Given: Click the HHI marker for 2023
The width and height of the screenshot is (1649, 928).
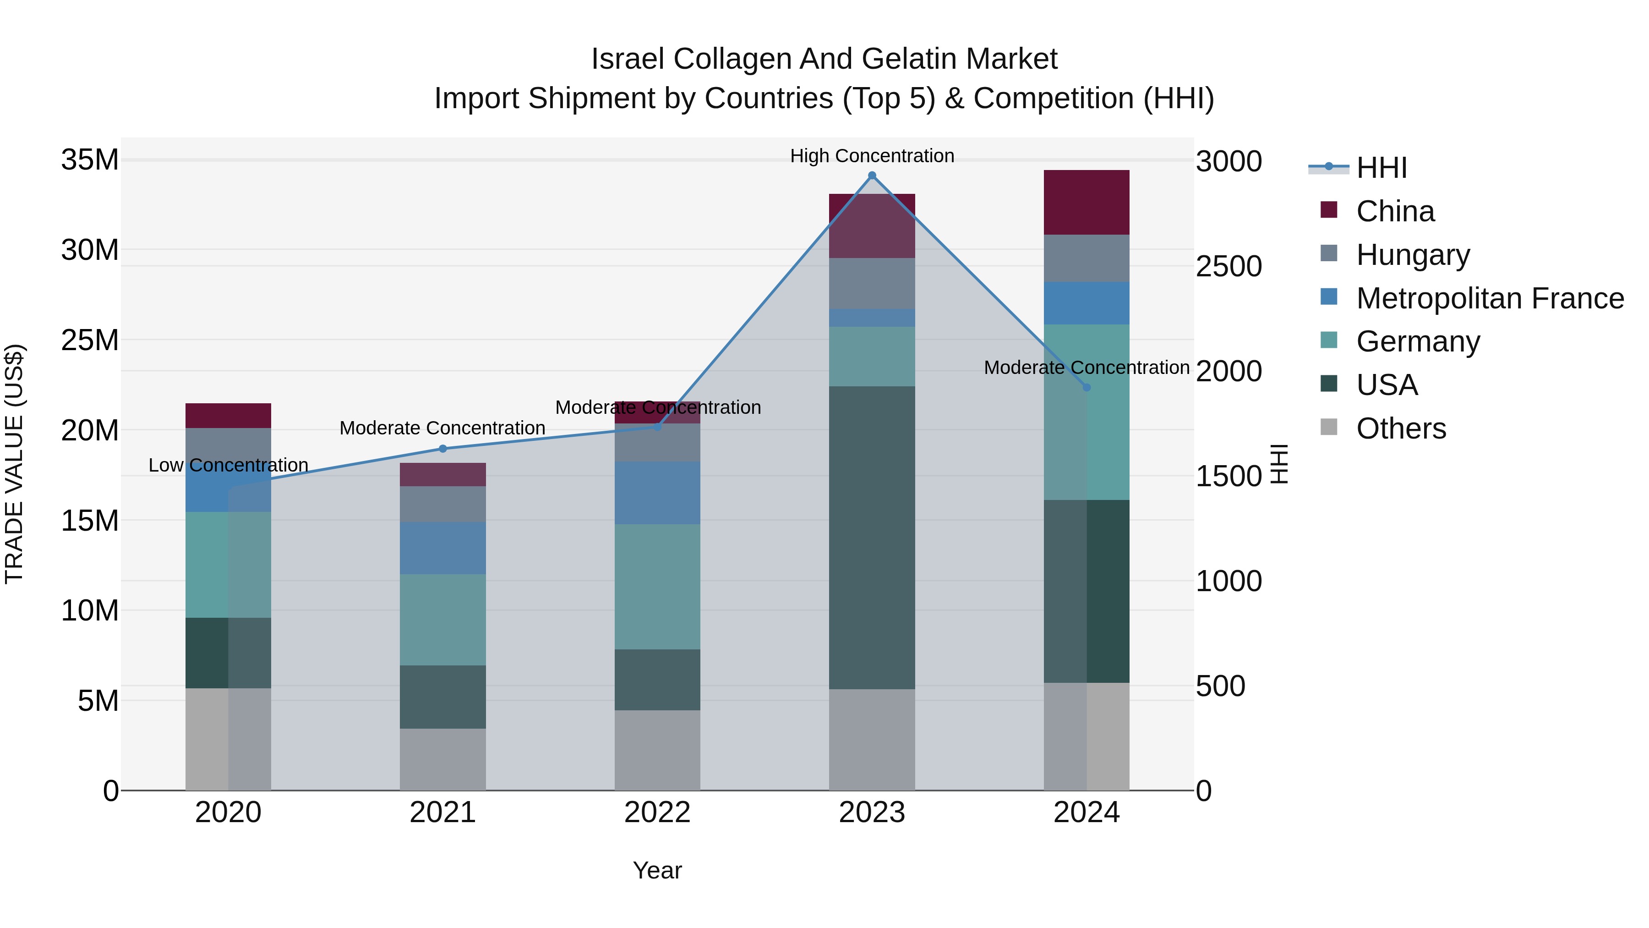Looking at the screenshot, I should pyautogui.click(x=872, y=176).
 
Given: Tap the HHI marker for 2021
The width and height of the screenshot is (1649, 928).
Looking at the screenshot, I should pyautogui.click(x=442, y=449).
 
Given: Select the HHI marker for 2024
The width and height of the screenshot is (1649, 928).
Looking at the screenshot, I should pyautogui.click(x=1087, y=387).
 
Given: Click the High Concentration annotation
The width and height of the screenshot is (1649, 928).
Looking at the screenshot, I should pyautogui.click(x=872, y=156).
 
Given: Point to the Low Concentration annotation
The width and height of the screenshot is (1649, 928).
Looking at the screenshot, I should pyautogui.click(x=229, y=465).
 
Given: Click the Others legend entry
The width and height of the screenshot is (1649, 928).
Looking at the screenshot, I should pyautogui.click(x=1401, y=428).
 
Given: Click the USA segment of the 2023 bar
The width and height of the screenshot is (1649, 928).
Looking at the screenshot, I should pyautogui.click(x=872, y=538).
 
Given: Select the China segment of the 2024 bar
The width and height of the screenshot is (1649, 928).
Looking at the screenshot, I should pyautogui.click(x=1087, y=203).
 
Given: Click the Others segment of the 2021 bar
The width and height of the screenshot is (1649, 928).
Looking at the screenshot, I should pyautogui.click(x=442, y=759).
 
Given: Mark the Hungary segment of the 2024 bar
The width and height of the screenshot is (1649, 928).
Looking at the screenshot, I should pyautogui.click(x=1087, y=258).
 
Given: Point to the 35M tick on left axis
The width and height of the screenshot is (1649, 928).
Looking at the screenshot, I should pyautogui.click(x=90, y=159).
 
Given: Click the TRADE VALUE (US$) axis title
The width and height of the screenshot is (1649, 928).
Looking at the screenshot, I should pyautogui.click(x=14, y=464).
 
